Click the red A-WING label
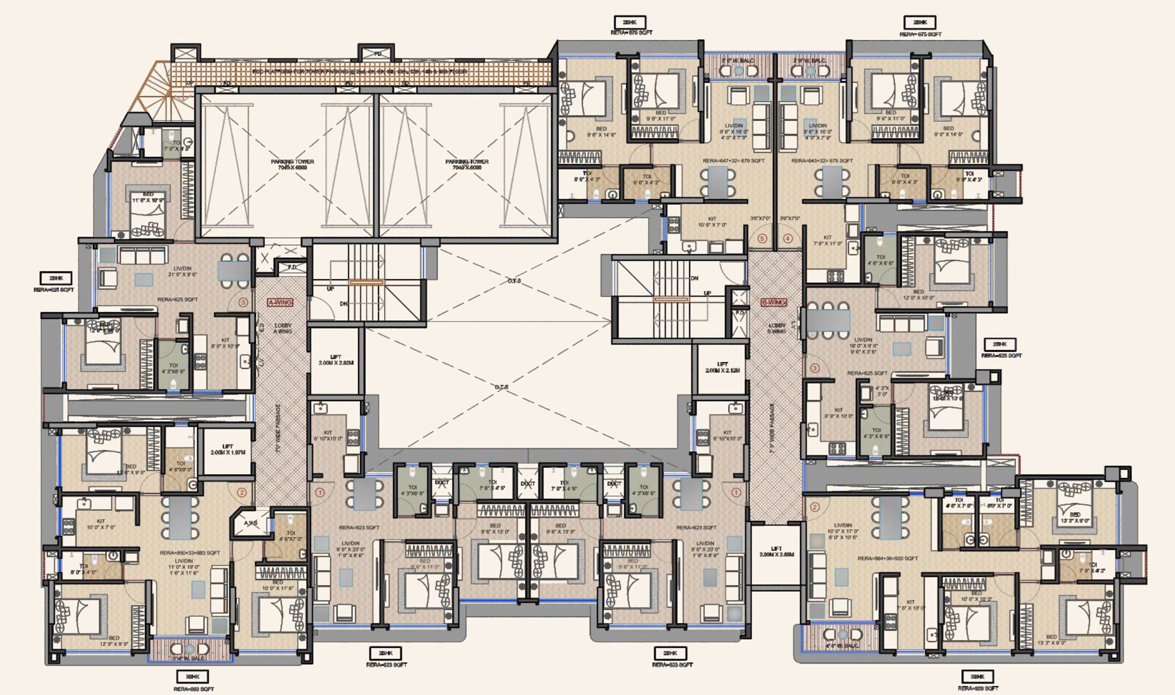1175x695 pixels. coord(280,302)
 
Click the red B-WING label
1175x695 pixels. coord(774,302)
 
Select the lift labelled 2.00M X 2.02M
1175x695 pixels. coord(336,360)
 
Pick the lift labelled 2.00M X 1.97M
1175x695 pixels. coord(228,450)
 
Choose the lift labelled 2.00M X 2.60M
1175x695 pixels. coord(776,552)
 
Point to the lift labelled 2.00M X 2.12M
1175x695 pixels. coord(722,367)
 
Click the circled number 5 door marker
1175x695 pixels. coord(762,239)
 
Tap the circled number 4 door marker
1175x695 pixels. coord(787,239)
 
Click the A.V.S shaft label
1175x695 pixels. coord(251,523)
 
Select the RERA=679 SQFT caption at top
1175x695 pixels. coord(631,33)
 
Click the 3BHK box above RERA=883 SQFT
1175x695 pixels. coord(192,677)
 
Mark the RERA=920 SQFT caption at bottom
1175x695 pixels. coord(978,689)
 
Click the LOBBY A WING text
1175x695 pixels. coord(283,328)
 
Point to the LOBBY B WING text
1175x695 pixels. coord(776,328)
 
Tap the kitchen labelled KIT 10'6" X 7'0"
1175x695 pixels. coord(712,222)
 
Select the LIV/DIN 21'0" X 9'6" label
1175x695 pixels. coord(182,272)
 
